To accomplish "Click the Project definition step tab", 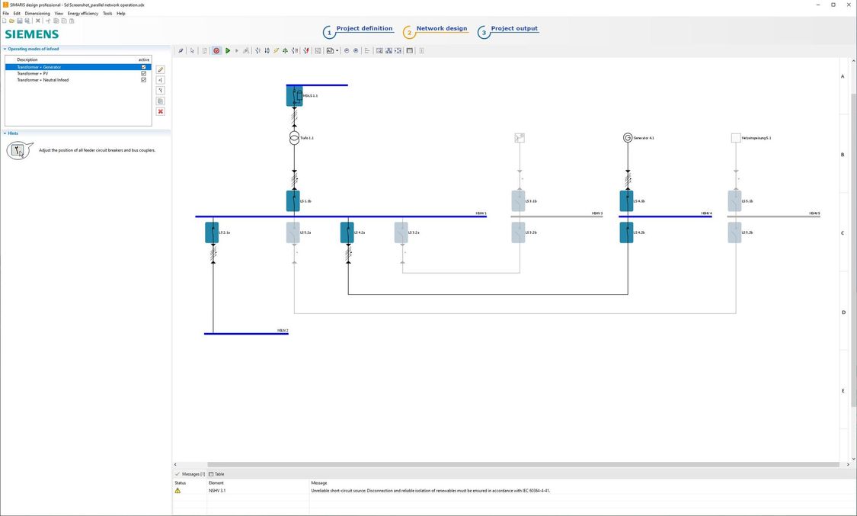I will pos(364,29).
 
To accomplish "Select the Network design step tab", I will pos(441,29).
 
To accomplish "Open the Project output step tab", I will pos(514,29).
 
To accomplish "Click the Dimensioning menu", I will pos(37,13).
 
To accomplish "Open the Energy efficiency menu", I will pos(83,13).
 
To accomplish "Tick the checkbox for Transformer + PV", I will pos(143,73).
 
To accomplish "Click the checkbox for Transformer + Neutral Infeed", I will pos(143,80).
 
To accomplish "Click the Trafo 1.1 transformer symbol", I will pos(294,138).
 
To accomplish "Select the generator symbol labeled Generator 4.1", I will pos(628,138).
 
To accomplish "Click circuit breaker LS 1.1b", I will pos(293,201).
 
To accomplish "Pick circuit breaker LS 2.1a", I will pos(213,232).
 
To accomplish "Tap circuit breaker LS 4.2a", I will pos(347,232).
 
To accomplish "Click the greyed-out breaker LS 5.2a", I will pos(293,232).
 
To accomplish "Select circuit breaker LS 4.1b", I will pos(626,201).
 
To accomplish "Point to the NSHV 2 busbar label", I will pos(283,331).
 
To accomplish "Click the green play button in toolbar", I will pos(228,51).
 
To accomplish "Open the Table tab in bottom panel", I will pos(219,474).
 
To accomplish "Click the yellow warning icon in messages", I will pos(178,491).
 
